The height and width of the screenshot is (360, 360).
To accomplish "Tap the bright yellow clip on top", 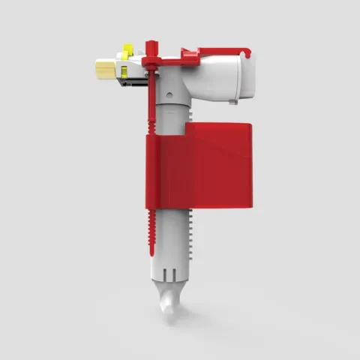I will tap(128, 52).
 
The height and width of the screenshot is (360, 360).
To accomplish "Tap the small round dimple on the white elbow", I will tap(168, 95).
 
